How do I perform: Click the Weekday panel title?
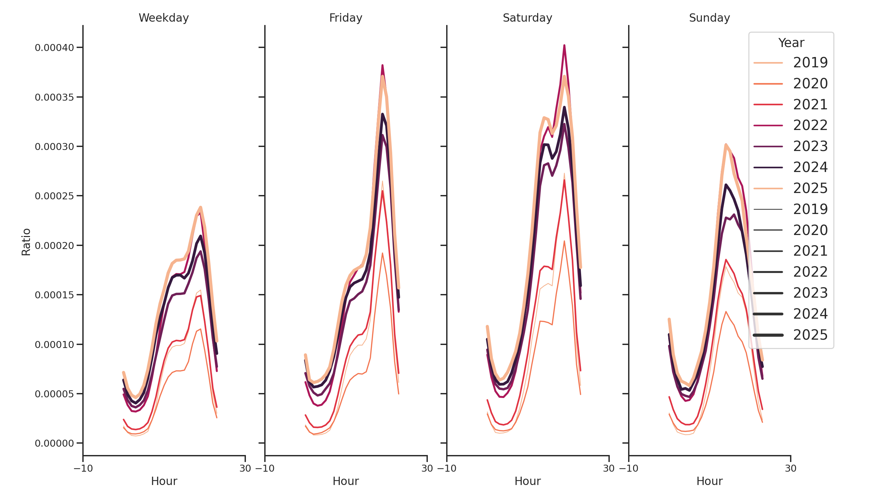click(x=164, y=18)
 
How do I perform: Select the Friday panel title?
click(x=346, y=18)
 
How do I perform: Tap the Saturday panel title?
click(x=527, y=18)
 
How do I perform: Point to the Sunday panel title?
click(x=709, y=18)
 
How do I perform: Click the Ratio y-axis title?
click(x=26, y=242)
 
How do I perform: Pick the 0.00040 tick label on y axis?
click(x=54, y=48)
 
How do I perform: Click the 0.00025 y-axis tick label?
click(x=54, y=196)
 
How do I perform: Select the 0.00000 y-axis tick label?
click(x=54, y=443)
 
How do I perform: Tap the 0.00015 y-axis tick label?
click(x=54, y=295)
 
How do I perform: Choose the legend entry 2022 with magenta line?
click(x=810, y=125)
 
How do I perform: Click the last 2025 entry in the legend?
click(x=810, y=335)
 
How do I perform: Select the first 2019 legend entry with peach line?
click(x=810, y=63)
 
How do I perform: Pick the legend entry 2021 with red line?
click(x=810, y=104)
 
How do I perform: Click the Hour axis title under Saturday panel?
click(x=527, y=481)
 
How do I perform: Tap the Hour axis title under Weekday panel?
click(x=164, y=481)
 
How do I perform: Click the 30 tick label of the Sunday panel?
click(x=790, y=468)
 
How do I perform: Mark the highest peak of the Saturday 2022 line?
click(x=564, y=46)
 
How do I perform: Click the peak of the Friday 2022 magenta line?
click(x=383, y=65)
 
